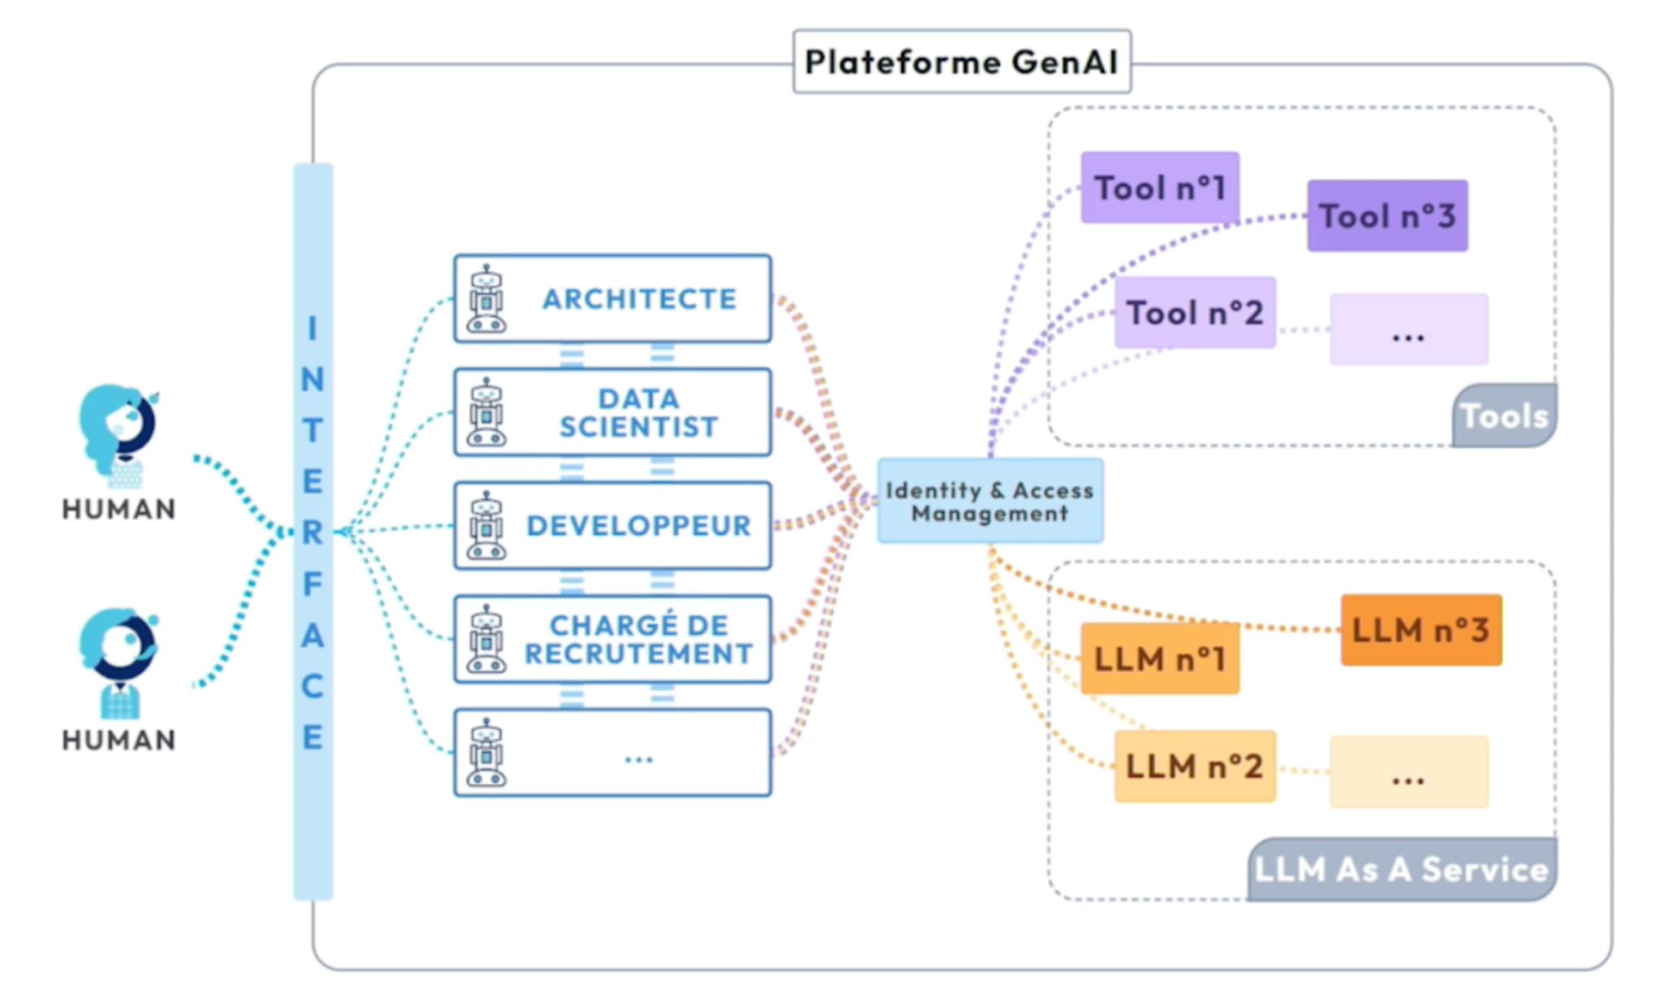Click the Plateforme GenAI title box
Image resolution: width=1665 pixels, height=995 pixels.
961,62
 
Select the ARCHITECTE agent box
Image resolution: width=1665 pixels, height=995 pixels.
612,299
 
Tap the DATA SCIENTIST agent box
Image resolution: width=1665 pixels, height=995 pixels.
612,412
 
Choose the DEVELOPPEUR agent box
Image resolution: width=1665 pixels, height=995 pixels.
612,526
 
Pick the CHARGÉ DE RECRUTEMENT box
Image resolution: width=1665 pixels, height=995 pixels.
612,639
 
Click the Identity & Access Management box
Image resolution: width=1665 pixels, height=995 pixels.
989,501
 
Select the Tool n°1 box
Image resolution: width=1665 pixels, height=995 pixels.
1159,188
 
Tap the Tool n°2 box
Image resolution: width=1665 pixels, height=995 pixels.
1194,313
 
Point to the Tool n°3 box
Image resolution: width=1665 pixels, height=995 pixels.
1387,216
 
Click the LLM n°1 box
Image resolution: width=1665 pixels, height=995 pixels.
1159,659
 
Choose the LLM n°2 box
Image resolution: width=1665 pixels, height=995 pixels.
1194,766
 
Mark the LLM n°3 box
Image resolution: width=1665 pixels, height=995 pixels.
1420,631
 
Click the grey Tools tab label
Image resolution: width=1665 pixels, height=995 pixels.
1504,417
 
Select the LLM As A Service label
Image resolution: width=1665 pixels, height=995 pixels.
1402,870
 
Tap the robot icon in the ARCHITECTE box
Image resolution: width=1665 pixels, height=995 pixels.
486,299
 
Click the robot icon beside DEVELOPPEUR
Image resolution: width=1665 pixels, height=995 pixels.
486,526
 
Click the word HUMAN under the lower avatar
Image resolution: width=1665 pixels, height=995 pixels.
119,740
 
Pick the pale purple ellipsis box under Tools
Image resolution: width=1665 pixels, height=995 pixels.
1408,330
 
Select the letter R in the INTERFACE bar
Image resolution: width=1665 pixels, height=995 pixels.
313,532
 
